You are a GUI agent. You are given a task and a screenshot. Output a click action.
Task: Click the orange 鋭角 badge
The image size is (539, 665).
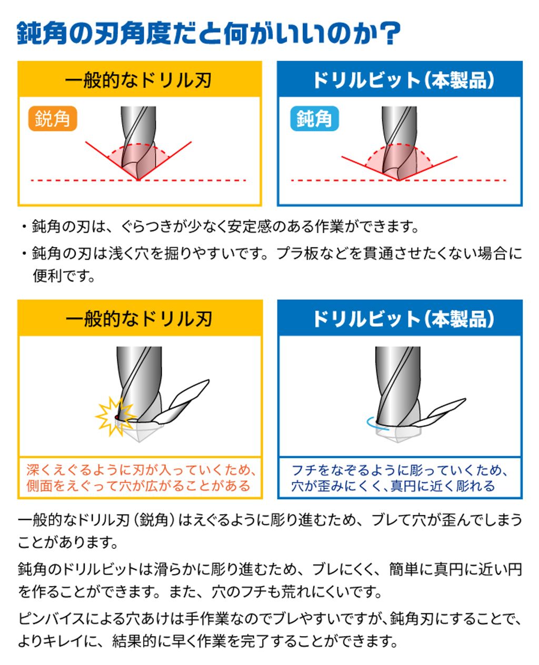click(53, 118)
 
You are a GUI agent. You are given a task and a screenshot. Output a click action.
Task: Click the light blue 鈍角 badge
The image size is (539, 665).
click(314, 118)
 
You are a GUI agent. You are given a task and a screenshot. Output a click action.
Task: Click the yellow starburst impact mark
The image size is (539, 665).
click(115, 416)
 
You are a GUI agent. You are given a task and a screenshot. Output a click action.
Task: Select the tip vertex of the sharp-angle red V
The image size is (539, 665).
click(138, 180)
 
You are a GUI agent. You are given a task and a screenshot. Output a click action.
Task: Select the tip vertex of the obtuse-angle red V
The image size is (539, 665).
click(398, 180)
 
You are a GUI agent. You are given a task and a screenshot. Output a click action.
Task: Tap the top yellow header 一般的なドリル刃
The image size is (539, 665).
click(138, 80)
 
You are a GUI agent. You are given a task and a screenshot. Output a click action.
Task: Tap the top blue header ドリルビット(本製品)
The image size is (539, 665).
click(403, 80)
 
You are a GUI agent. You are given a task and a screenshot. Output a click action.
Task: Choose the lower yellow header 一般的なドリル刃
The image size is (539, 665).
click(139, 319)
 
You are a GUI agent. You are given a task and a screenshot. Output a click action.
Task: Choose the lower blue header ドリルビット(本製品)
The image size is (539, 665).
click(403, 319)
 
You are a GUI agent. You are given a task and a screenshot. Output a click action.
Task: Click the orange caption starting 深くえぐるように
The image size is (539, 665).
click(141, 478)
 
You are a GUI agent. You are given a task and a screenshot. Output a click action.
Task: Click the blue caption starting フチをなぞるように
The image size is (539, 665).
click(400, 478)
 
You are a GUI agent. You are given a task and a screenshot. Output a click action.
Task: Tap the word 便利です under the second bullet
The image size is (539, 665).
click(63, 275)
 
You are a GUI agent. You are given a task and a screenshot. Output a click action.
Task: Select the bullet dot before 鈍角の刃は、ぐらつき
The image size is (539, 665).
click(24, 226)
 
